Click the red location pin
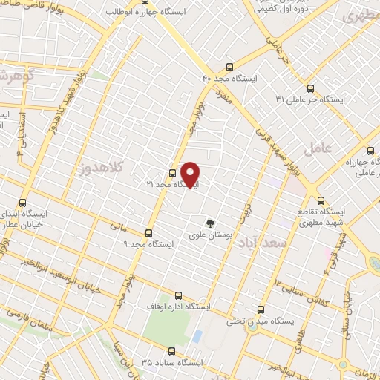click(191, 174)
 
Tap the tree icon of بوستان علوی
click(211, 223)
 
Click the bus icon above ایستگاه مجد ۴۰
click(229, 65)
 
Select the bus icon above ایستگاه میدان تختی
click(260, 309)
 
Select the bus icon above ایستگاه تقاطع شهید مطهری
click(321, 200)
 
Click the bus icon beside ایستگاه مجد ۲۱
click(173, 174)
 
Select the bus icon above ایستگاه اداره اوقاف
click(177, 294)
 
